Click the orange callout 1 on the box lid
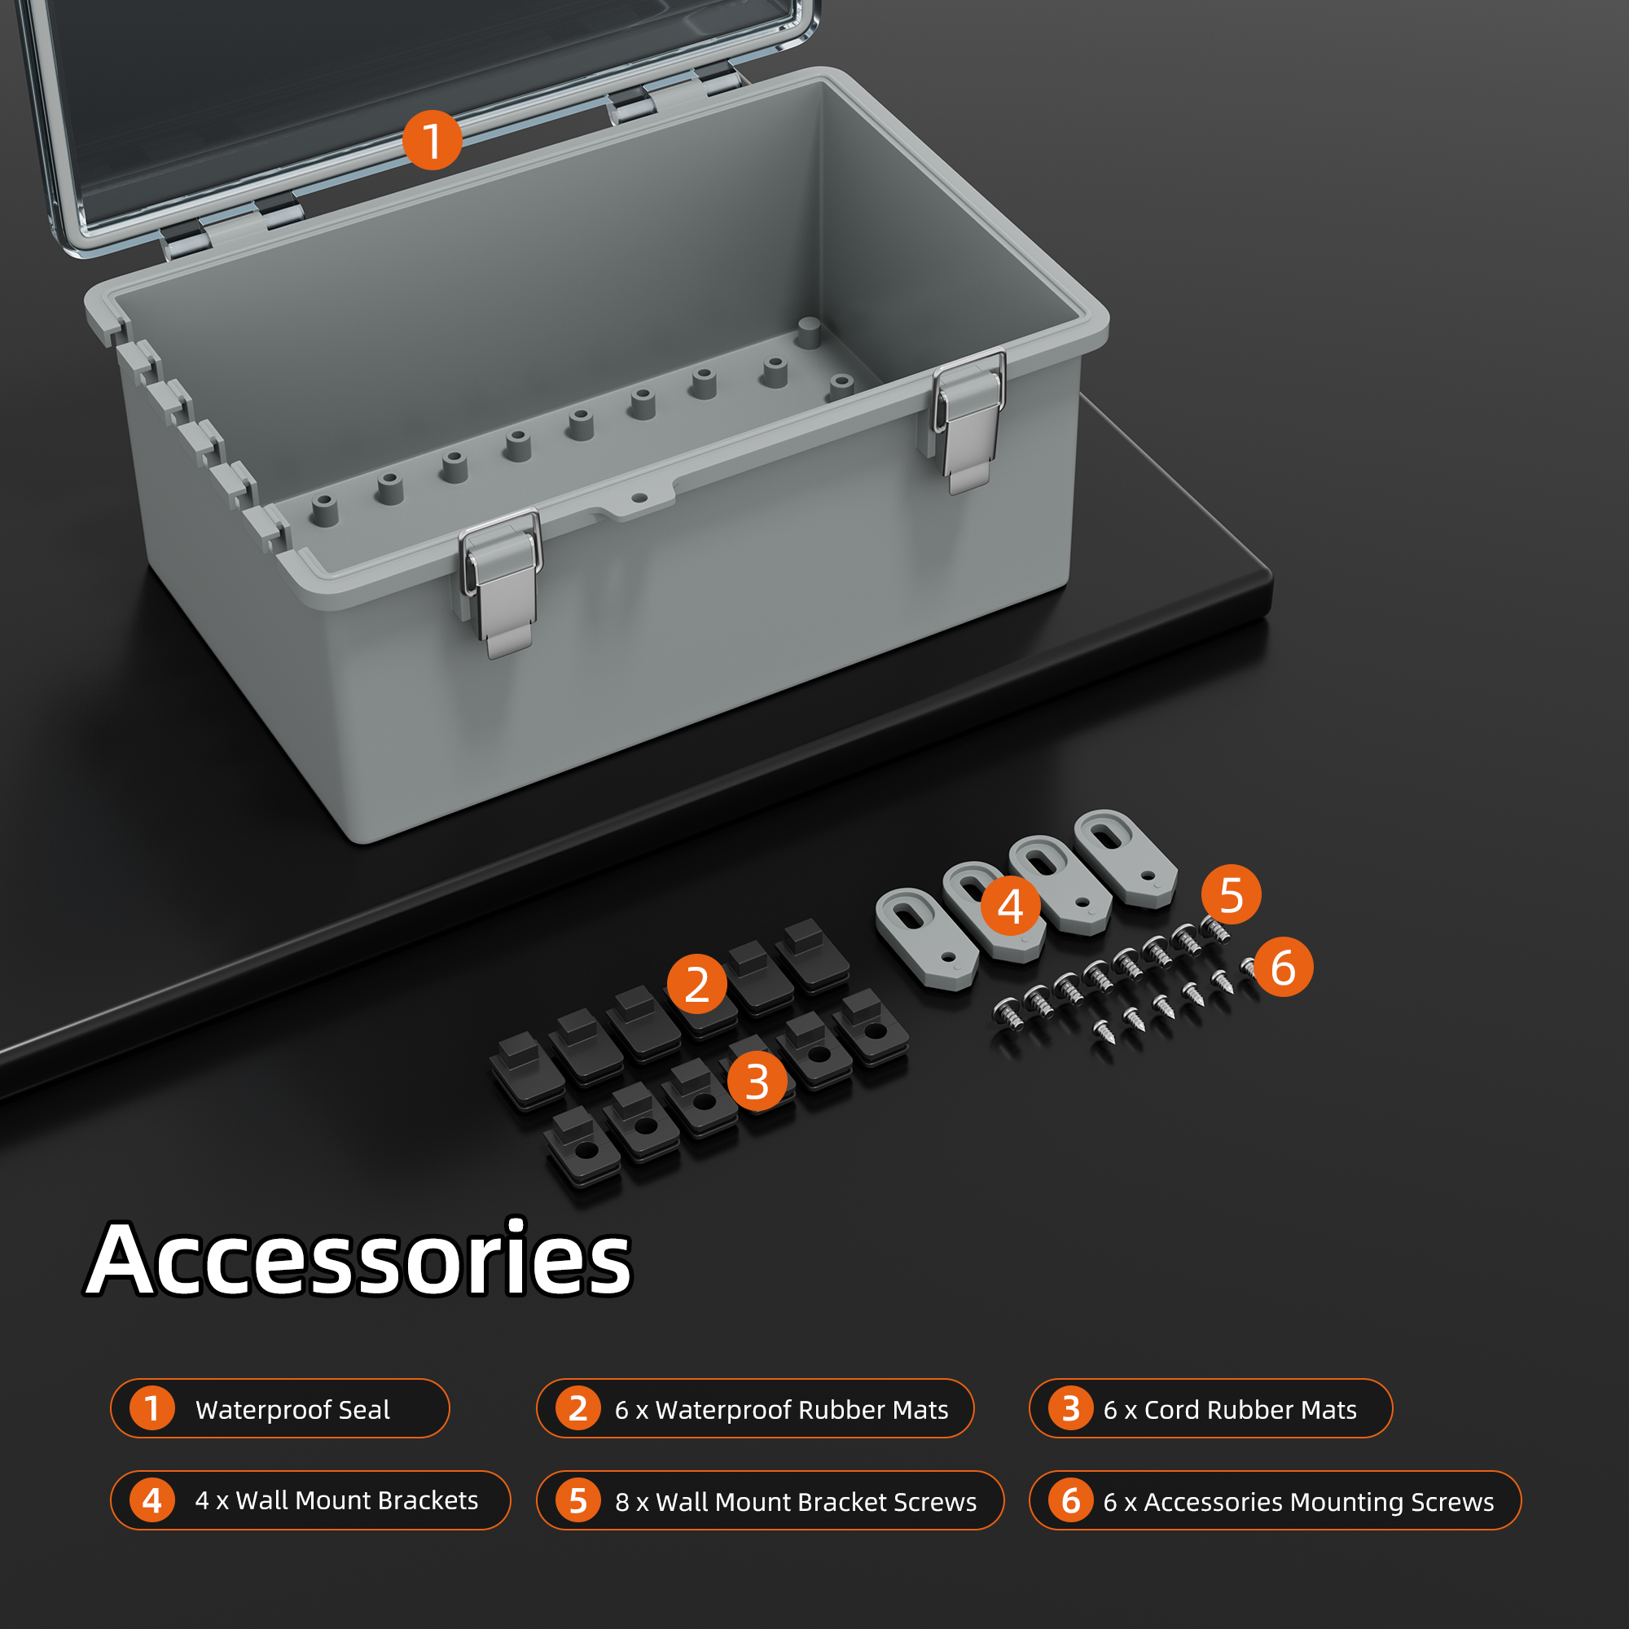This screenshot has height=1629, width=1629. pos(432,140)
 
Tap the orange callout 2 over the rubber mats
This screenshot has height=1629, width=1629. pos(696,984)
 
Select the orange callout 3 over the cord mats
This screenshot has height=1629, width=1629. pos(757,1081)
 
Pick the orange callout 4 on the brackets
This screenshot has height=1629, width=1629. pos(1010,906)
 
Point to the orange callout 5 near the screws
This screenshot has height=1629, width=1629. pos(1231,894)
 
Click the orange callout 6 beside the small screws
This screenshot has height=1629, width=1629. pos(1283,967)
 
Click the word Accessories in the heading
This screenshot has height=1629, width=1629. pos(359,1260)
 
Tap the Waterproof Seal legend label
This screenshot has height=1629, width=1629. pos(292,1410)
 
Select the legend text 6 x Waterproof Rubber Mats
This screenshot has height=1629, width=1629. pos(782,1410)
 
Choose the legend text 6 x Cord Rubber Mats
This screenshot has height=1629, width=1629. pos(1230,1410)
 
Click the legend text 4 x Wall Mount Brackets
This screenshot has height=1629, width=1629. pos(336,1501)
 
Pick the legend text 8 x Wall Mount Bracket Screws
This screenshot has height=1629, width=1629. pos(796,1502)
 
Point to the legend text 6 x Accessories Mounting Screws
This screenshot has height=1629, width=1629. pos(1298,1502)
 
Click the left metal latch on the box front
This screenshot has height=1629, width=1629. pos(501,582)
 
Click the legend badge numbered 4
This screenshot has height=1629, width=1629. pos(151,1500)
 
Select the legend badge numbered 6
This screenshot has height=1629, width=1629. pos(1071,1500)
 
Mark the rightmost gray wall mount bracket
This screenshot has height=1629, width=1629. pos(1126,858)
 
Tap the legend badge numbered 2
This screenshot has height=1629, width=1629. pos(577,1408)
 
